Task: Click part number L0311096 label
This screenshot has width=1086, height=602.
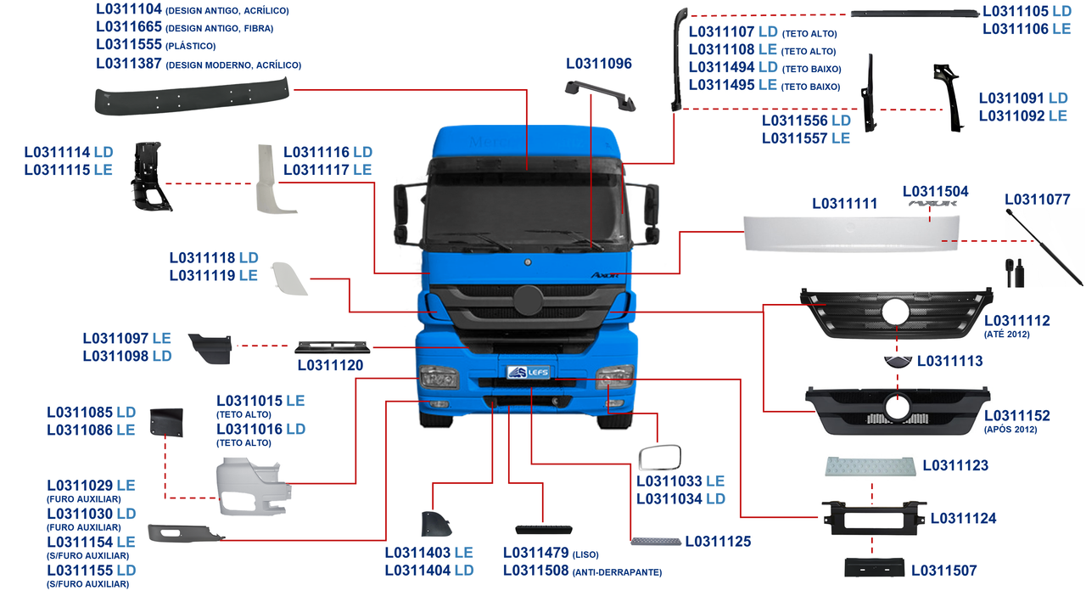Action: (599, 64)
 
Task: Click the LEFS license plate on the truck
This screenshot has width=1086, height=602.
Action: (528, 372)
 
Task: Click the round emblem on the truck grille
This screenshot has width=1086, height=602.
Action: (528, 302)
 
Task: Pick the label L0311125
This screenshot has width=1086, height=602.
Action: (718, 541)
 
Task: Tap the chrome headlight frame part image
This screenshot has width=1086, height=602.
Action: (658, 458)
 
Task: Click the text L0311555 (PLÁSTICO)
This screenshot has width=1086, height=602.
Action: (156, 45)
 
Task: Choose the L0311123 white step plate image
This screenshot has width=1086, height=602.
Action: (870, 465)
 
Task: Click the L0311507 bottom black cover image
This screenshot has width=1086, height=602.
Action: (874, 567)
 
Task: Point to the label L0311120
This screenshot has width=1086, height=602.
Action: (330, 366)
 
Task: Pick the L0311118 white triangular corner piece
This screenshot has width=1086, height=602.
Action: (288, 278)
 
